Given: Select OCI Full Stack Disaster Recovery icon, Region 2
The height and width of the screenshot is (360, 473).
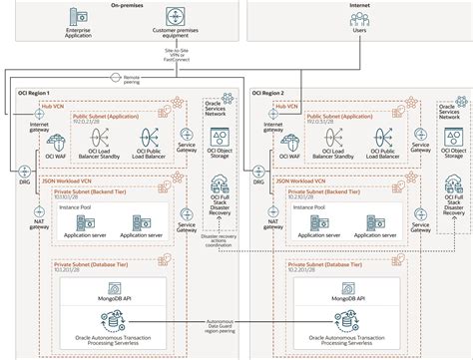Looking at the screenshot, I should [x=453, y=183].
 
